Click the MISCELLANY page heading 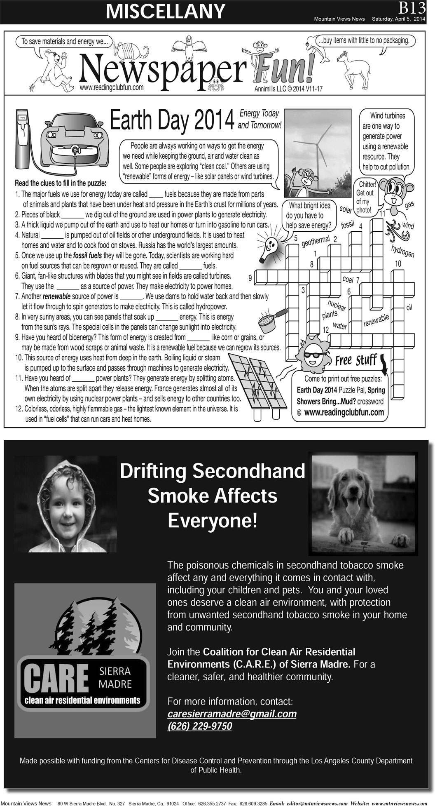(165, 11)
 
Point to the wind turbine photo (319, 149)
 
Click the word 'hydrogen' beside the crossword (402, 251)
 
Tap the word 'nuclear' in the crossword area (337, 305)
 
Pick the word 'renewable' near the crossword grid (376, 320)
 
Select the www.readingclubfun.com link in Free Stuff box (344, 412)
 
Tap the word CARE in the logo (55, 678)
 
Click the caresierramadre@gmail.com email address (232, 714)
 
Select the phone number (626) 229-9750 (199, 726)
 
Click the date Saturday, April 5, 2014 (398, 19)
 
